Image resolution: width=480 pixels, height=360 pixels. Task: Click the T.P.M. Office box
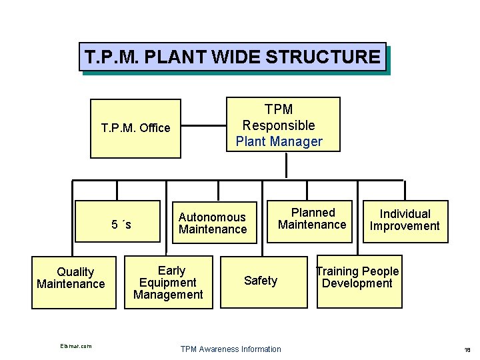[135, 128]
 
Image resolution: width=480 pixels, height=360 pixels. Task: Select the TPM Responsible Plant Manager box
[283, 125]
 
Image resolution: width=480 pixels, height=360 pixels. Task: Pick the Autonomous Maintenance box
[212, 223]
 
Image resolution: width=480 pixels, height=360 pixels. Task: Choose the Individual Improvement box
[405, 220]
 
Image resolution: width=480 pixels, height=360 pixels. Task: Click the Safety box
[260, 281]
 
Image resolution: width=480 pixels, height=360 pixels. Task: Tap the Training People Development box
[359, 281]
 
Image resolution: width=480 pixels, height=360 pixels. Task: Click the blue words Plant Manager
[279, 141]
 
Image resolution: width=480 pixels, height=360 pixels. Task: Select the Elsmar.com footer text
[75, 346]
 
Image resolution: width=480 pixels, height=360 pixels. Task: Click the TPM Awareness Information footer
[231, 349]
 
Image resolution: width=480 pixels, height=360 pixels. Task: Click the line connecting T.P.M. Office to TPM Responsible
[203, 125]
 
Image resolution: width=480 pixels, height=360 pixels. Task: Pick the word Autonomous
[212, 217]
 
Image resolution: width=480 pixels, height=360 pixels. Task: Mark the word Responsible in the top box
[279, 125]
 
